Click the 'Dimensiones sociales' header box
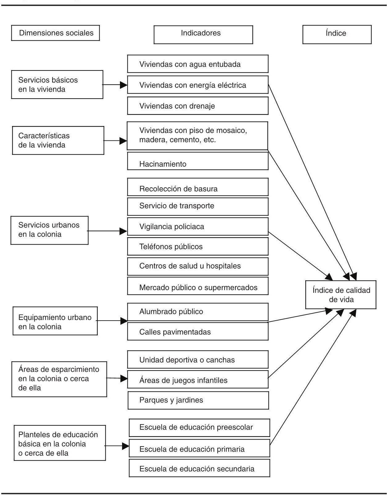pos(56,33)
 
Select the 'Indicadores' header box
pos(203,34)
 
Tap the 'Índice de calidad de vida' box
pos(341,295)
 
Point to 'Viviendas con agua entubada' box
pos(198,64)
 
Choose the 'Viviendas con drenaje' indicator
pos(198,106)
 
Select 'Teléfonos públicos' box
pos(198,246)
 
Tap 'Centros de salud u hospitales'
pos(198,266)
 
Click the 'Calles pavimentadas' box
pos(198,331)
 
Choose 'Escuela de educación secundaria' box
pos(199,468)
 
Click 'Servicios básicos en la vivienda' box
pos(57,85)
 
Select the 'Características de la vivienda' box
pos(58,140)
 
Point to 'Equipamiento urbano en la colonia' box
pos(55,321)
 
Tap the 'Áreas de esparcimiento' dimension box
pos(59,379)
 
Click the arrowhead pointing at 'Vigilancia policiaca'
pos(124,231)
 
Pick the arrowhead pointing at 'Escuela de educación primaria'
pos(126,446)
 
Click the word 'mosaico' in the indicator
pos(233,130)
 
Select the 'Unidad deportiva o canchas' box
pos(198,360)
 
